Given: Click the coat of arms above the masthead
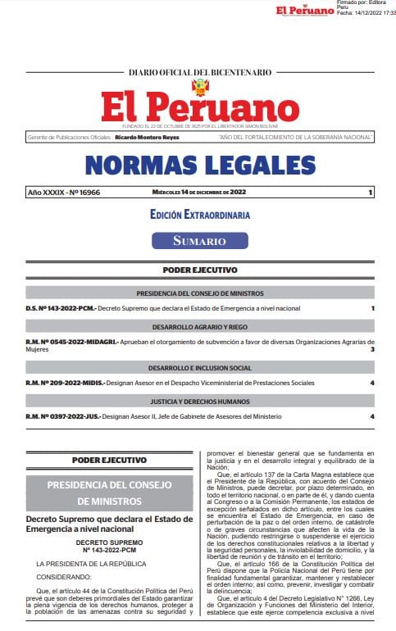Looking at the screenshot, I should [x=200, y=86].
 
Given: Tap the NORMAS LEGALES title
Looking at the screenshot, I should [x=200, y=164].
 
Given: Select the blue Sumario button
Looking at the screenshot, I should [x=199, y=240].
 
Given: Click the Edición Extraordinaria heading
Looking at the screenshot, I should [x=200, y=215].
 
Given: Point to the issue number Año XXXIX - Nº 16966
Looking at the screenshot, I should [x=64, y=192].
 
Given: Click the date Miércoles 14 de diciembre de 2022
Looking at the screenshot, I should [x=199, y=192].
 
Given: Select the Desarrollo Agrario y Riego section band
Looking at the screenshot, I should [x=200, y=325].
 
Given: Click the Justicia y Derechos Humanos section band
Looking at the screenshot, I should [x=200, y=402].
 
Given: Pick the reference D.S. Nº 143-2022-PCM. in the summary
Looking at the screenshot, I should [x=61, y=308].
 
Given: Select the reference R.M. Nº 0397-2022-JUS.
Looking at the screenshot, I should [x=62, y=416].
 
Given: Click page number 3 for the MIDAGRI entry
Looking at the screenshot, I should [x=372, y=349].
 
